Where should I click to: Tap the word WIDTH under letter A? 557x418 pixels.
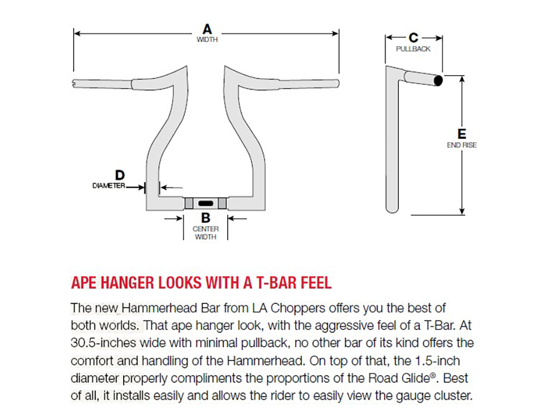207,40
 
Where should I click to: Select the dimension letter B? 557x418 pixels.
206,219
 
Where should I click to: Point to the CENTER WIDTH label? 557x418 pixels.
206,232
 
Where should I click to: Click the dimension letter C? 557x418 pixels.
413,37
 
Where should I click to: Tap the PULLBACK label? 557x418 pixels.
413,49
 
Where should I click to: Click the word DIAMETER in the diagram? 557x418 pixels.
109,186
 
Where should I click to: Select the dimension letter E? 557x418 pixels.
461,134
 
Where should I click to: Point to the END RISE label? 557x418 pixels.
462,145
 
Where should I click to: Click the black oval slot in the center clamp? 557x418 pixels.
206,203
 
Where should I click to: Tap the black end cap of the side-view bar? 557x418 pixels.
438,81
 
